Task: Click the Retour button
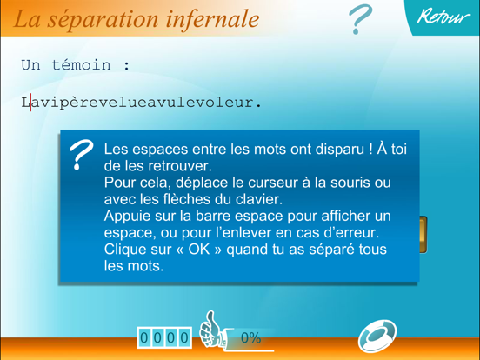click(x=443, y=17)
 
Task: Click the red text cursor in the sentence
click(x=30, y=103)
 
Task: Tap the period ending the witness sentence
click(x=257, y=103)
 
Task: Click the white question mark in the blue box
click(x=81, y=154)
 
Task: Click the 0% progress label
click(x=250, y=337)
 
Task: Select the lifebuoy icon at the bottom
click(x=378, y=335)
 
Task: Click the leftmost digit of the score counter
click(x=144, y=337)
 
